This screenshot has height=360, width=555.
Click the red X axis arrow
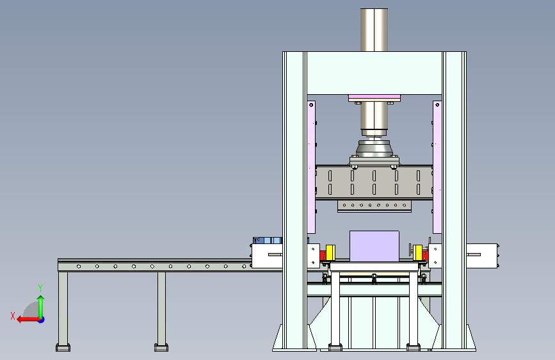point(28,320)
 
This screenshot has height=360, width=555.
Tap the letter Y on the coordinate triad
point(40,288)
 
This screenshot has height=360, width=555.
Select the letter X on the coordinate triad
point(13,316)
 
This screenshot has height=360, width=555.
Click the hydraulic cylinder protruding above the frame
point(374,29)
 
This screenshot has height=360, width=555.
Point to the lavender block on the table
point(374,246)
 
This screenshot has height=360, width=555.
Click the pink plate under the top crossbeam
point(374,97)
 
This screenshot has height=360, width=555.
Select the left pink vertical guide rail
point(311,167)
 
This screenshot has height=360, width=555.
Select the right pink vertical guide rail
point(437,167)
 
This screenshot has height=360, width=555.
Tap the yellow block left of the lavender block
point(330,252)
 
